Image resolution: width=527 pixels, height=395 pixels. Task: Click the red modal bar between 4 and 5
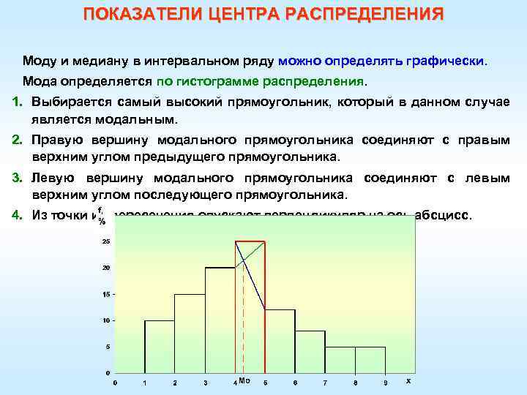[250, 307]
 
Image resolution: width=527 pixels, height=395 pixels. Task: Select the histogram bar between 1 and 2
[160, 347]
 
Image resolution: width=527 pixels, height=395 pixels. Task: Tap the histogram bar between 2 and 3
[190, 334]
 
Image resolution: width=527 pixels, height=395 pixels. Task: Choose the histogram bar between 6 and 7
[310, 352]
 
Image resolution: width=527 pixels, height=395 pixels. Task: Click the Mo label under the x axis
[244, 380]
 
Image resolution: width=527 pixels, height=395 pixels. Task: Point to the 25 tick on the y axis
[106, 241]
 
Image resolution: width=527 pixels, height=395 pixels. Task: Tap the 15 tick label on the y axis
[106, 294]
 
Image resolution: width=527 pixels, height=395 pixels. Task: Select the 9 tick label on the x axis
[385, 383]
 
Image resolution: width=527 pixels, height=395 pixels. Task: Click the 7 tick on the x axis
[325, 383]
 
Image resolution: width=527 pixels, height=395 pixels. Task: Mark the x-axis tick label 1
[145, 383]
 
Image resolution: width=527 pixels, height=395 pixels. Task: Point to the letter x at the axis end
[408, 380]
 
